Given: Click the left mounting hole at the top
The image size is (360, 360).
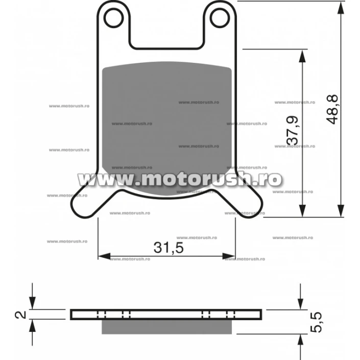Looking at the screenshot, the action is tap(114, 18).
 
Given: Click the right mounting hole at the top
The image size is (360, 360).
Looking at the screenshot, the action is tap(220, 18).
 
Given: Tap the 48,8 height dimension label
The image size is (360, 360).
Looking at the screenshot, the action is tap(332, 109).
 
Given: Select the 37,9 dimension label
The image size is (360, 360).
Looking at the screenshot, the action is tap(293, 130).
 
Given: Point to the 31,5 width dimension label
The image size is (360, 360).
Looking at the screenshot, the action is tap(169, 248).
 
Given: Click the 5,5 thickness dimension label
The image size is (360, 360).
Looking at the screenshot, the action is tap(316, 322).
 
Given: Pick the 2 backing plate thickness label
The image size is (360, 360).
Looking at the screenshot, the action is tap(20, 315).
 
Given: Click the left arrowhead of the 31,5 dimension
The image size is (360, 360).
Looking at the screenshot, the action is tap(104, 256).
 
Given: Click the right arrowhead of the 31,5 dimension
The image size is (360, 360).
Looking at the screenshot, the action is tap(229, 256).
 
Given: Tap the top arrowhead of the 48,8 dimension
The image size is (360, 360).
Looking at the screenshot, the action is tap(341, 8).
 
